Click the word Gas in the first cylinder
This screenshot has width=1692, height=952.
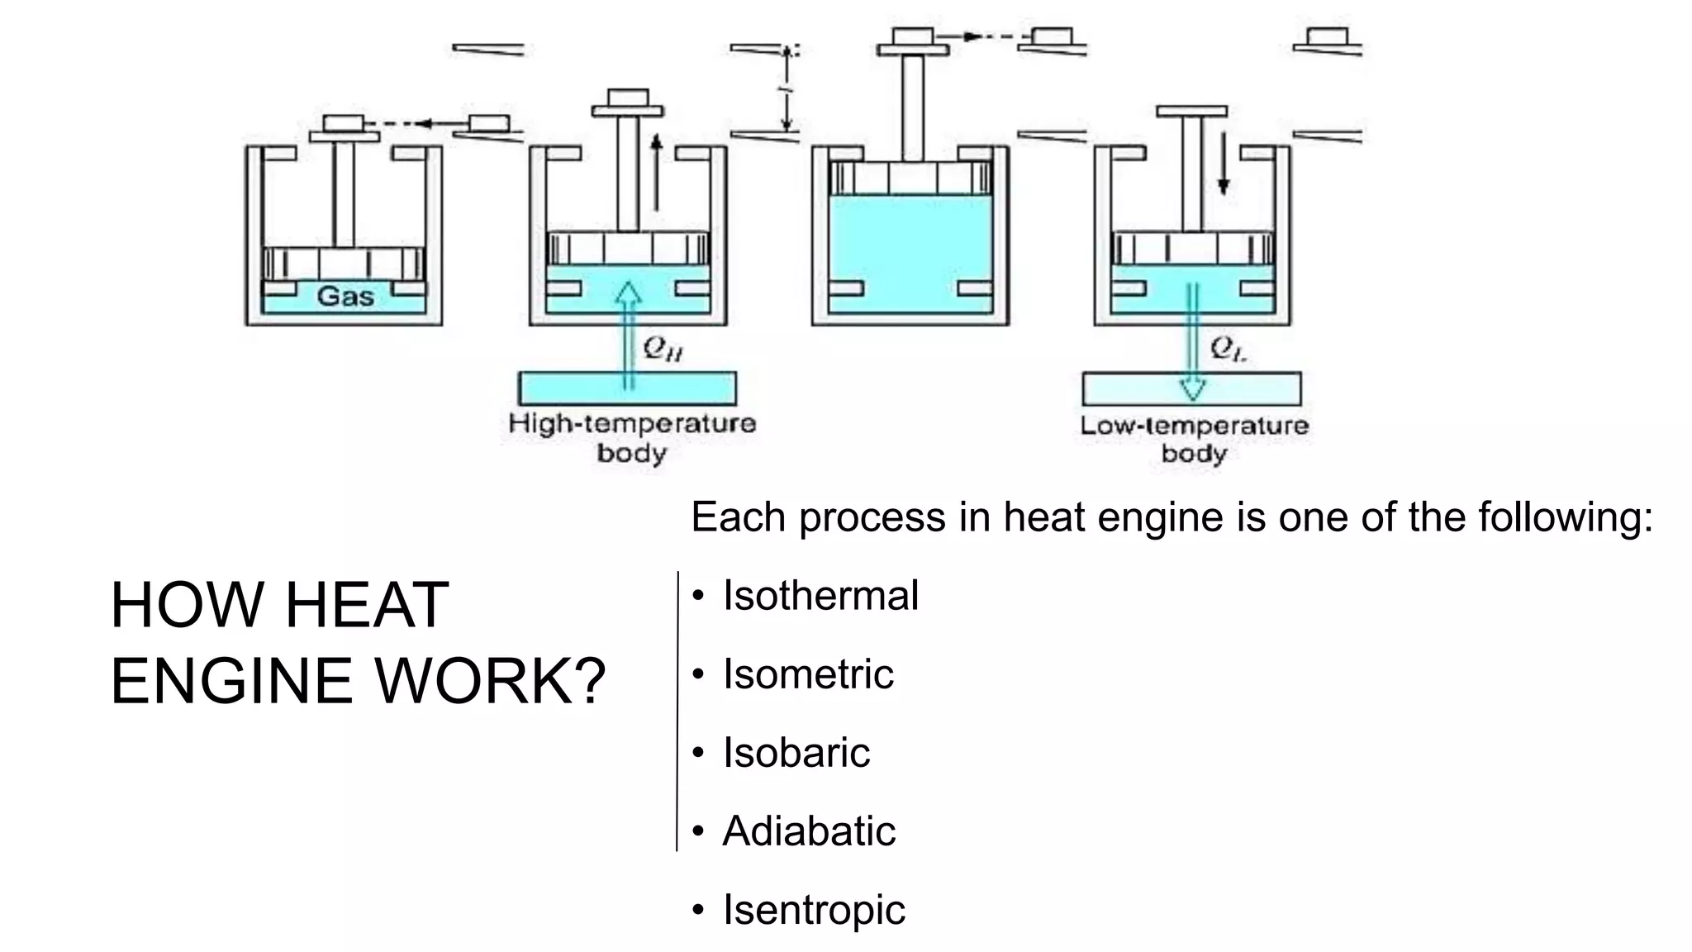(x=345, y=297)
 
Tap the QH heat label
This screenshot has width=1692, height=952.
(x=663, y=350)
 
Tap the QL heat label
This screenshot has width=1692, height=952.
(x=1229, y=350)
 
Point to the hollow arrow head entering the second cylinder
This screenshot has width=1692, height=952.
(x=630, y=293)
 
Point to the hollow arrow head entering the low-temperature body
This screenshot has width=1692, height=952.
(x=1192, y=388)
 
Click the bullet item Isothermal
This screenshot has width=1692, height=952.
(x=820, y=595)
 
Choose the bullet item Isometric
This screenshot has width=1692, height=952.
(x=807, y=674)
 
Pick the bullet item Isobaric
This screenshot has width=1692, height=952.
(x=796, y=752)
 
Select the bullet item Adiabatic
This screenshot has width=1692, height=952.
(x=808, y=831)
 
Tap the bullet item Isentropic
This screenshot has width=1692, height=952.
(x=813, y=909)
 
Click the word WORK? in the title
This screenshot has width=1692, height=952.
(x=491, y=682)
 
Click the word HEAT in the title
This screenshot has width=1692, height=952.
(x=367, y=606)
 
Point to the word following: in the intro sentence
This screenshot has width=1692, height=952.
(x=1565, y=518)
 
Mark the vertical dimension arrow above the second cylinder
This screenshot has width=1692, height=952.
(x=787, y=89)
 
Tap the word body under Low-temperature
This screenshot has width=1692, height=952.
(x=1194, y=453)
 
